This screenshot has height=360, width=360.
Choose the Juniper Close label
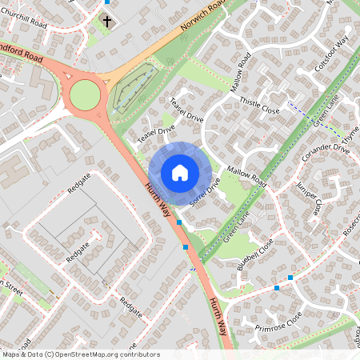[307, 197]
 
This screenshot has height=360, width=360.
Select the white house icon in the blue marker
[179, 172]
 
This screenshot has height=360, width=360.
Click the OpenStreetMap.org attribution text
[93, 354]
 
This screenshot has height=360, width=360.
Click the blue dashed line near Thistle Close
[301, 109]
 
